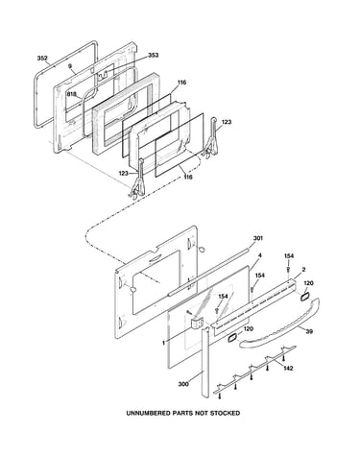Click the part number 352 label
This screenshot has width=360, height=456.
(42, 58)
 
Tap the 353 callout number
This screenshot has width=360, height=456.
(153, 56)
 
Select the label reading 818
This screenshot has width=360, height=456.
(72, 94)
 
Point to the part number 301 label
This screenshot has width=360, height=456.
(258, 238)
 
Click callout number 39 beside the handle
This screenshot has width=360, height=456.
(309, 331)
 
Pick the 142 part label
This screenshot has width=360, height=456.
(288, 369)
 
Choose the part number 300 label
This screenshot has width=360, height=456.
(183, 384)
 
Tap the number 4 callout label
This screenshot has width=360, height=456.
(260, 255)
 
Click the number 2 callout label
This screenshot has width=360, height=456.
(303, 270)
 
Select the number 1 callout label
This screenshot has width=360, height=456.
(163, 343)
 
